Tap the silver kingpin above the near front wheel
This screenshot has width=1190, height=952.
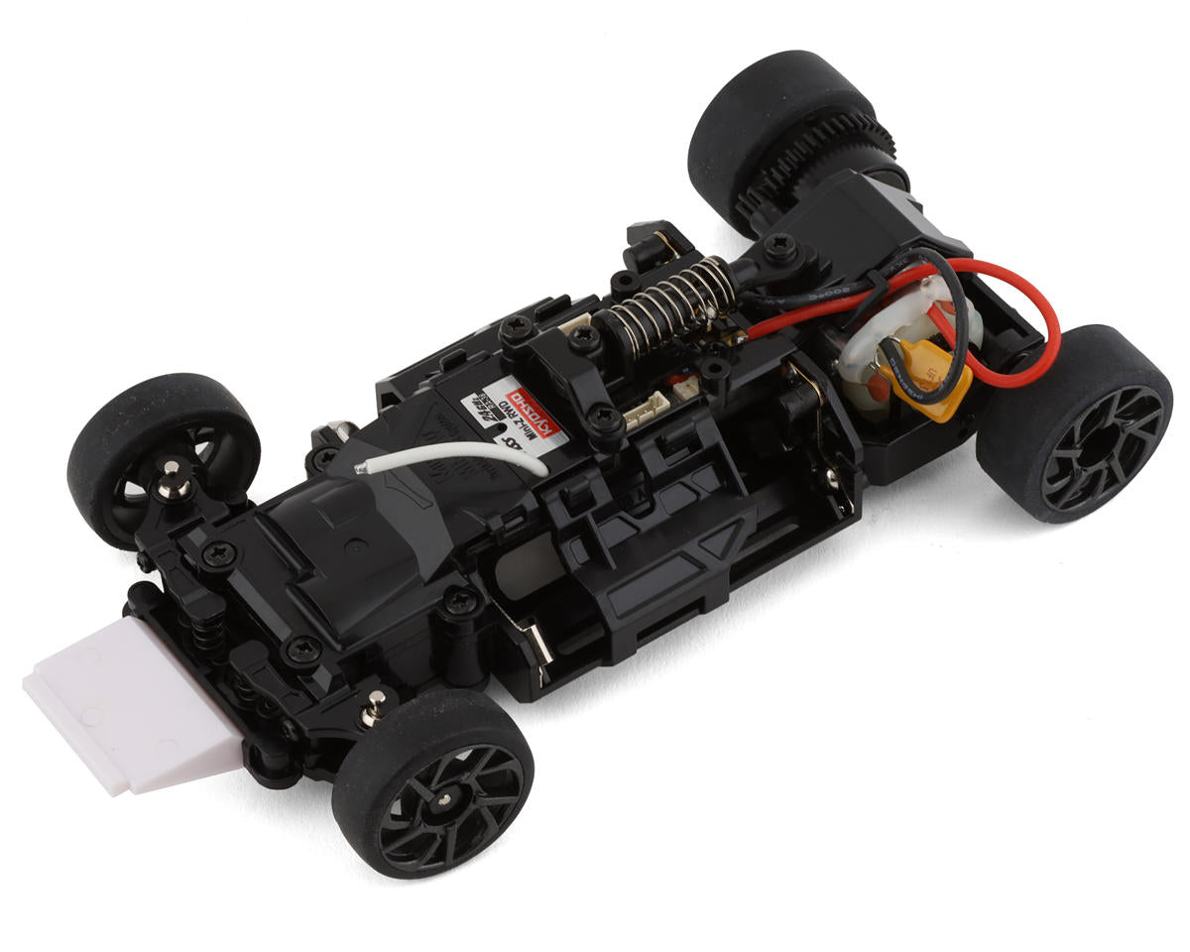click(374, 705)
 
